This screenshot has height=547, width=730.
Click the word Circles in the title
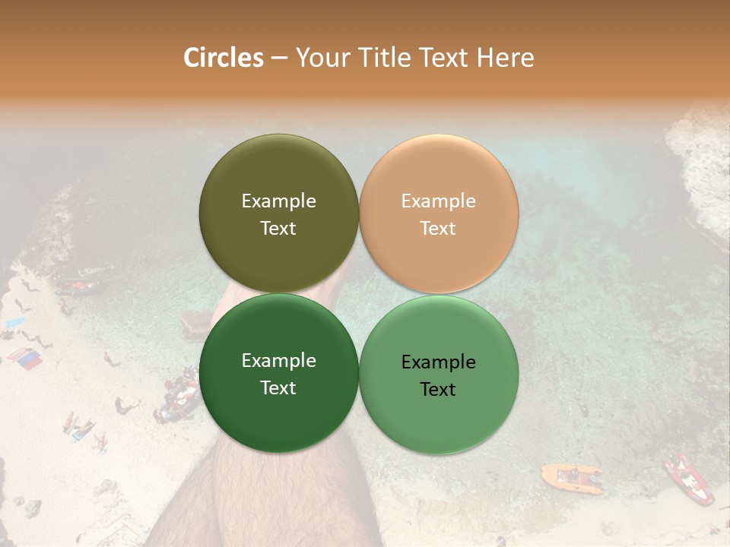(x=223, y=58)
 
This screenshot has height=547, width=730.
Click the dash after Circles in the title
(x=279, y=58)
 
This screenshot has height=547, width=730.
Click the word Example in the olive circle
(x=278, y=201)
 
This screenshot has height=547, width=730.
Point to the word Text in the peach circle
(x=438, y=229)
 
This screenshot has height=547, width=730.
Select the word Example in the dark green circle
(x=278, y=361)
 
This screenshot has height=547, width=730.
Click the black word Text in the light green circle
(x=438, y=390)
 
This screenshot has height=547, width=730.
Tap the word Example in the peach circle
(x=438, y=201)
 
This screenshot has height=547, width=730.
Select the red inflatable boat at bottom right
(x=688, y=479)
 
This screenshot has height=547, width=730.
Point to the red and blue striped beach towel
(x=25, y=359)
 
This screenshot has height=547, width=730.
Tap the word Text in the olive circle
(x=278, y=229)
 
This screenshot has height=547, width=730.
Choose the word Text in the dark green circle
(x=278, y=388)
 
